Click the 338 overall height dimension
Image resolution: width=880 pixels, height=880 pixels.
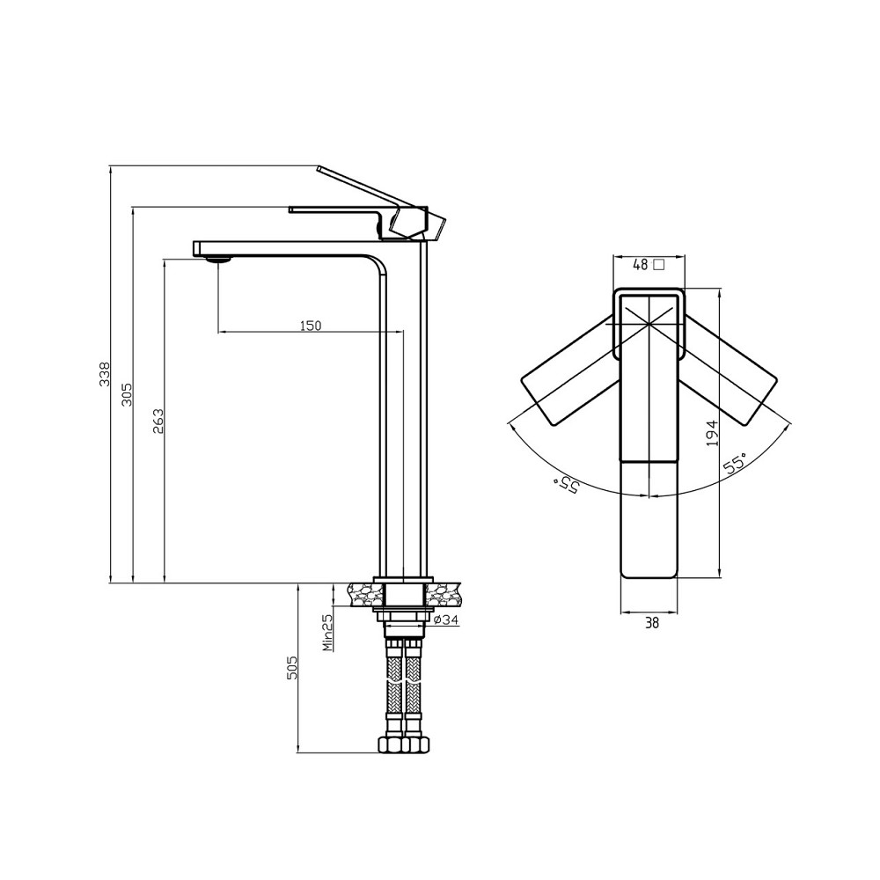coord(105,374)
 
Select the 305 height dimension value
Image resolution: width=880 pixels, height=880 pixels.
coord(128,394)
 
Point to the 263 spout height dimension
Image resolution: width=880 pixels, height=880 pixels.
coord(158,421)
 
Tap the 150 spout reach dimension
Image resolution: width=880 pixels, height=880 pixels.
coord(311,326)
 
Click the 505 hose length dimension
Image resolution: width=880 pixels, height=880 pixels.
coord(292,668)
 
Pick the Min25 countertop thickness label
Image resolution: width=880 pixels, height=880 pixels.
coord(328,632)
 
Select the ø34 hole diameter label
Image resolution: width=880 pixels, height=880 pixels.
coord(447,620)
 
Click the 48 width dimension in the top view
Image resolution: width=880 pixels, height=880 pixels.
coord(641,265)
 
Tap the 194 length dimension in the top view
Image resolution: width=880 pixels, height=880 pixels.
coord(712,433)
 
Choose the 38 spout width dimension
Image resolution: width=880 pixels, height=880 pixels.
coord(651,622)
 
